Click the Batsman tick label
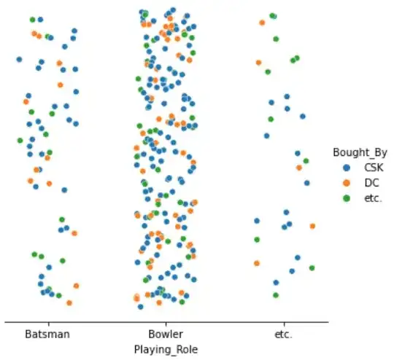pos(47,334)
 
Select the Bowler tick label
pos(166,334)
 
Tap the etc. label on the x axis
pos(284,334)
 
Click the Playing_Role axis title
pos(166,349)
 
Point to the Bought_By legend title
pos(355,153)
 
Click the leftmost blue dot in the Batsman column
pos(19,60)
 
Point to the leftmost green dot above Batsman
pos(20,140)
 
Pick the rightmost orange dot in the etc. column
pos(312,226)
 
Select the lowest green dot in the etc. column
pos(276,295)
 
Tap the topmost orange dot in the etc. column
pos(262,23)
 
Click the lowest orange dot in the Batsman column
pos(69,302)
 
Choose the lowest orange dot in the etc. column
pos(257,263)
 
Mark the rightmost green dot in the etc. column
pos(312,268)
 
